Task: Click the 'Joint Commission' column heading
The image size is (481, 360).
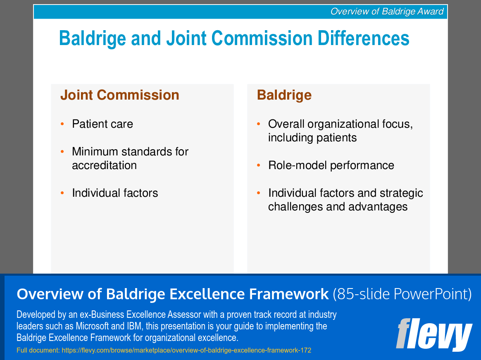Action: pyautogui.click(x=120, y=95)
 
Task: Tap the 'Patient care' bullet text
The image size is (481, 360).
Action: pyautogui.click(x=102, y=124)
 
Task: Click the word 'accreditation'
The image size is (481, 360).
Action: pyautogui.click(x=104, y=165)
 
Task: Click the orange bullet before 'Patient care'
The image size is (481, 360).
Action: pyautogui.click(x=62, y=124)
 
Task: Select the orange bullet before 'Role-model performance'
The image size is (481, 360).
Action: pyautogui.click(x=259, y=165)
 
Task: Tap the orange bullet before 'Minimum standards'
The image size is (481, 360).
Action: pyautogui.click(x=62, y=152)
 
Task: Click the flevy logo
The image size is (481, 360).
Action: pyautogui.click(x=434, y=335)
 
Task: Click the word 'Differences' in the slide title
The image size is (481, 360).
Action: pyautogui.click(x=363, y=38)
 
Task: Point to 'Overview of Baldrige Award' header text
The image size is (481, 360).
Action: pyautogui.click(x=387, y=12)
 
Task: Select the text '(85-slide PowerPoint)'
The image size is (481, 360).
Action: pyautogui.click(x=402, y=294)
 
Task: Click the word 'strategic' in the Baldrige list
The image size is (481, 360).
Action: pyautogui.click(x=401, y=193)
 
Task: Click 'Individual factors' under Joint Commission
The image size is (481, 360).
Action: pyautogui.click(x=115, y=193)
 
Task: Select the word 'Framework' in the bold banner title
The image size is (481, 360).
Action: pyautogui.click(x=289, y=294)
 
